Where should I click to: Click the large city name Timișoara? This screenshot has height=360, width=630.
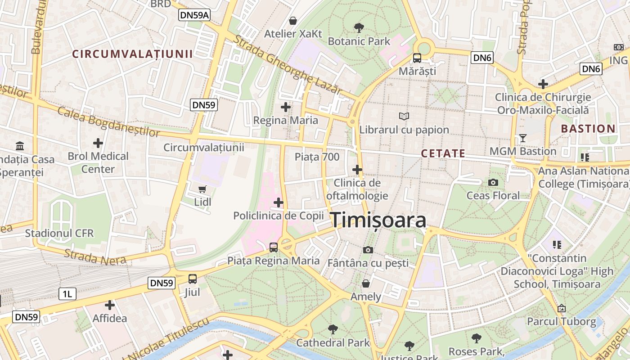pyautogui.click(x=379, y=220)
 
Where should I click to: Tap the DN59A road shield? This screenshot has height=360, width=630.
pyautogui.click(x=194, y=15)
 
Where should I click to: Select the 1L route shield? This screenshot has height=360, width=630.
pyautogui.click(x=67, y=294)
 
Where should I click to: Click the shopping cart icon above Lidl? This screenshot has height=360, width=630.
pyautogui.click(x=202, y=189)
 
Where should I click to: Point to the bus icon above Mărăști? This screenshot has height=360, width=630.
pyautogui.click(x=417, y=58)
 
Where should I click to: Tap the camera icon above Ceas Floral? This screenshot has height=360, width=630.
pyautogui.click(x=493, y=182)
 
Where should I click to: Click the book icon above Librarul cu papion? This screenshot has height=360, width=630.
pyautogui.click(x=404, y=117)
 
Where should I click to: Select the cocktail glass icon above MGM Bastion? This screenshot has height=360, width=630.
pyautogui.click(x=522, y=138)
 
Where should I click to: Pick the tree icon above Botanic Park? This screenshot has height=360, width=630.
pyautogui.click(x=359, y=28)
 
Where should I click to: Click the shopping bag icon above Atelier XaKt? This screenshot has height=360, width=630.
pyautogui.click(x=293, y=21)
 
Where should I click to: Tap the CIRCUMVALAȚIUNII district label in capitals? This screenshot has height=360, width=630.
pyautogui.click(x=133, y=54)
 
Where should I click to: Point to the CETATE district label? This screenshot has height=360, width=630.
pyautogui.click(x=443, y=153)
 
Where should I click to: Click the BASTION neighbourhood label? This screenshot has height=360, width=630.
pyautogui.click(x=588, y=129)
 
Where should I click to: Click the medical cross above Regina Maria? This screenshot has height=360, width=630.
pyautogui.click(x=285, y=107)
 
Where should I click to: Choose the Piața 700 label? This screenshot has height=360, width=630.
pyautogui.click(x=317, y=157)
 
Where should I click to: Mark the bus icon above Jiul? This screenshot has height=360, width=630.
pyautogui.click(x=193, y=279)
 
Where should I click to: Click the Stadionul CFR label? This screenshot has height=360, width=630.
pyautogui.click(x=59, y=233)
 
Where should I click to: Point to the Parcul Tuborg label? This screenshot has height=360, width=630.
pyautogui.click(x=561, y=322)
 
